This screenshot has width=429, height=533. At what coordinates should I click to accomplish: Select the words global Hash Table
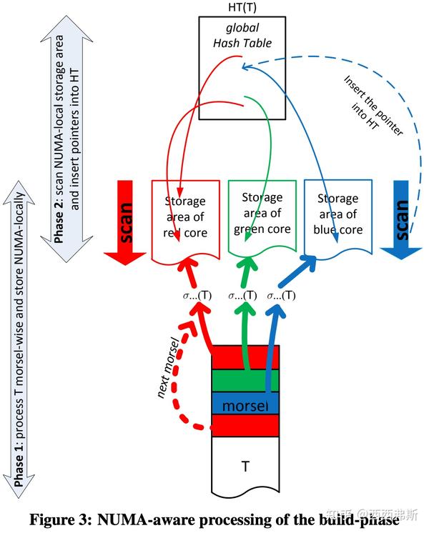242,35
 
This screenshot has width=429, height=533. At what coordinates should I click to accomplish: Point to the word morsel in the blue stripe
245,406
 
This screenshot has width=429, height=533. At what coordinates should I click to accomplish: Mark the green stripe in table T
245,382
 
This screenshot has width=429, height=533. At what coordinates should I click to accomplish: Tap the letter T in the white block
245,467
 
